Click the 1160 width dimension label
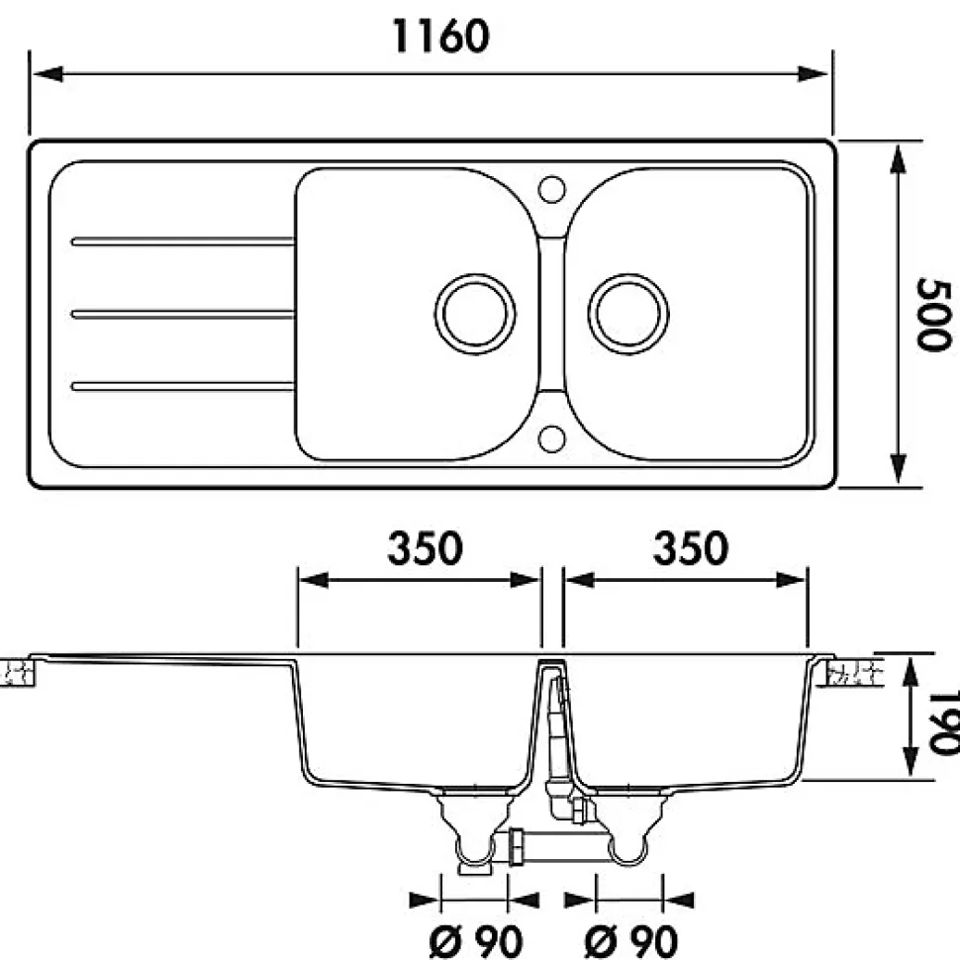[440, 36]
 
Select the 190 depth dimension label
[944, 720]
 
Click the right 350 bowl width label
[690, 548]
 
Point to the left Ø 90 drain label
[475, 939]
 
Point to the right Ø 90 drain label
[630, 939]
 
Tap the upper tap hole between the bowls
[552, 187]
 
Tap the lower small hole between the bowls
[552, 436]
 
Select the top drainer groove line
[183, 240]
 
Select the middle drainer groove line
[183, 314]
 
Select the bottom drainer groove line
[183, 385]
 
